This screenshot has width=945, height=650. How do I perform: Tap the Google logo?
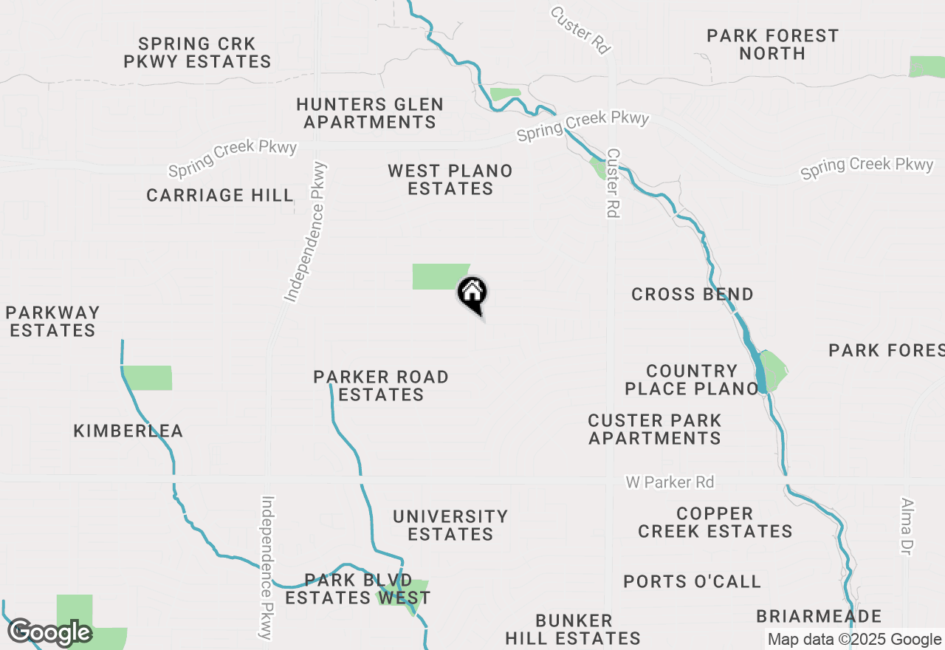tap(49, 632)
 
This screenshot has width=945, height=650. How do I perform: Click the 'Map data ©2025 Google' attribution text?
tap(854, 640)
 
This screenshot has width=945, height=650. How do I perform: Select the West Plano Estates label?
tap(450, 179)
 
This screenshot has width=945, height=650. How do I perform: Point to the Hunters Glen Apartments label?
tap(370, 113)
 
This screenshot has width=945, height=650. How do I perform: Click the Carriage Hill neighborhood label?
tap(220, 195)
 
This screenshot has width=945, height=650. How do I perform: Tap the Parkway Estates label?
tap(54, 321)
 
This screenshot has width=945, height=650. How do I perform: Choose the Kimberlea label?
tap(128, 431)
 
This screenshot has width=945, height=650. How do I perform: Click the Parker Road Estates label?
tap(381, 386)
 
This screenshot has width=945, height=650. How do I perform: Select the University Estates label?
tap(450, 525)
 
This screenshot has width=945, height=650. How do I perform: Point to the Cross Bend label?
tap(693, 294)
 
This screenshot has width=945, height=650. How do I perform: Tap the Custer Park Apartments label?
tap(655, 429)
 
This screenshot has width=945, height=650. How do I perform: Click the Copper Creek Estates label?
tap(715, 522)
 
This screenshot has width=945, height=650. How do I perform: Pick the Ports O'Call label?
tap(692, 581)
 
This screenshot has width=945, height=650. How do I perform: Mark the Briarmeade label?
tap(819, 616)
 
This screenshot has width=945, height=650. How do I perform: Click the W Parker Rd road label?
tap(670, 482)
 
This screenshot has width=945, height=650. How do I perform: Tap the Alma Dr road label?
tap(907, 526)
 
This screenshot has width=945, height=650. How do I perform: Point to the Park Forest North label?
tap(772, 44)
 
